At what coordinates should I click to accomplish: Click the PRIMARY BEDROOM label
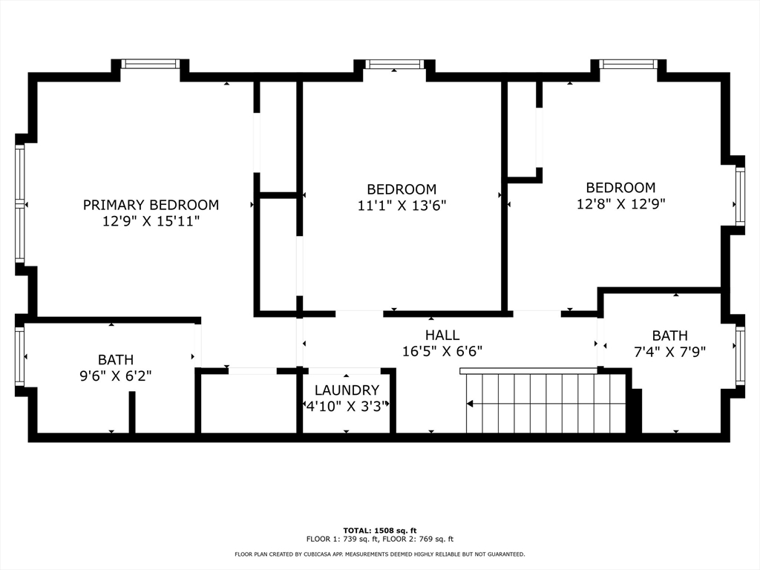(151, 205)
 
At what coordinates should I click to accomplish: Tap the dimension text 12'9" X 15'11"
(151, 221)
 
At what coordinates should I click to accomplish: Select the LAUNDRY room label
(347, 390)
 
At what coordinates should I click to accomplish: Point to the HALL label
(442, 335)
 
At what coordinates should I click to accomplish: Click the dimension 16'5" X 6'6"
(442, 352)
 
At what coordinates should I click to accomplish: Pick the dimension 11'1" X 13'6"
(402, 206)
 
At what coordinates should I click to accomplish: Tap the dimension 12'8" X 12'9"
(620, 204)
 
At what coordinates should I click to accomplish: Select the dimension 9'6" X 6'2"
(116, 376)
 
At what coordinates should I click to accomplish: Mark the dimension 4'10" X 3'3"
(347, 405)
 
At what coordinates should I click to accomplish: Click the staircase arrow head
(470, 404)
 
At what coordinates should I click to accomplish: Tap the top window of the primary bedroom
(150, 64)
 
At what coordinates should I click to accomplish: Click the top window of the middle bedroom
(394, 65)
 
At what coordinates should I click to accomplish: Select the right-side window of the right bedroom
(739, 196)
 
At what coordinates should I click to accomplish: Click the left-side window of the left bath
(20, 356)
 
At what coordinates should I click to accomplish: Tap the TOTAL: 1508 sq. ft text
(379, 530)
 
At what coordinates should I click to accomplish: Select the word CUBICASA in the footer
(312, 554)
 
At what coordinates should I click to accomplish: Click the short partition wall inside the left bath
(132, 412)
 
